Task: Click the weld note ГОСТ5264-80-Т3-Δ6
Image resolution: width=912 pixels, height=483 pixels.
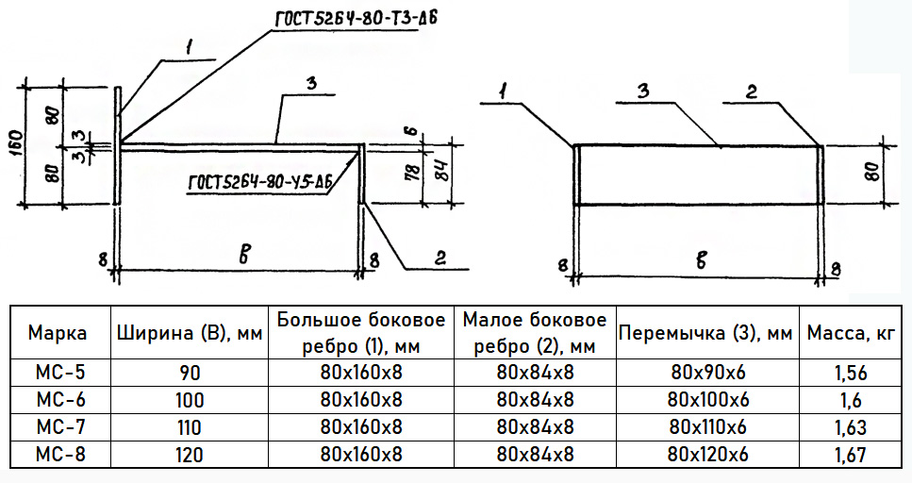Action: pyautogui.click(x=356, y=18)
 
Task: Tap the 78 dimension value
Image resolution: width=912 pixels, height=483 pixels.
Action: pyautogui.click(x=413, y=174)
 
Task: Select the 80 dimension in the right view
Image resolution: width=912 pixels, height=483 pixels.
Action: pyautogui.click(x=873, y=173)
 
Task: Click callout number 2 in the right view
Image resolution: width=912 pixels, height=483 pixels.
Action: pyautogui.click(x=752, y=92)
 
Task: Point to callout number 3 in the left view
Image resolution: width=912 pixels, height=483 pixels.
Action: pyautogui.click(x=311, y=84)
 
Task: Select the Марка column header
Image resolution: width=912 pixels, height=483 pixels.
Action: pyautogui.click(x=58, y=333)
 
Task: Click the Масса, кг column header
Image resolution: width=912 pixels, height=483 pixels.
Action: pyautogui.click(x=851, y=333)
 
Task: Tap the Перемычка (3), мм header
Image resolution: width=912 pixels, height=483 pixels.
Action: pyautogui.click(x=705, y=333)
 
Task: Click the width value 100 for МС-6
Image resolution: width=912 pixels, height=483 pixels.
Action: pyautogui.click(x=190, y=400)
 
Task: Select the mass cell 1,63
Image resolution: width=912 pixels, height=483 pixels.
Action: pyautogui.click(x=851, y=427)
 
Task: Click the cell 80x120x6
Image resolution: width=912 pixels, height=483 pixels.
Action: pyautogui.click(x=708, y=454)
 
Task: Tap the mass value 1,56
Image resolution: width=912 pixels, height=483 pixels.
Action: pyautogui.click(x=851, y=373)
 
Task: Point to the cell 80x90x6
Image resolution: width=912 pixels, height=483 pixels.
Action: pyautogui.click(x=708, y=372)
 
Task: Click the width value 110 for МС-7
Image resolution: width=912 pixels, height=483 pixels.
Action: pyautogui.click(x=190, y=427)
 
